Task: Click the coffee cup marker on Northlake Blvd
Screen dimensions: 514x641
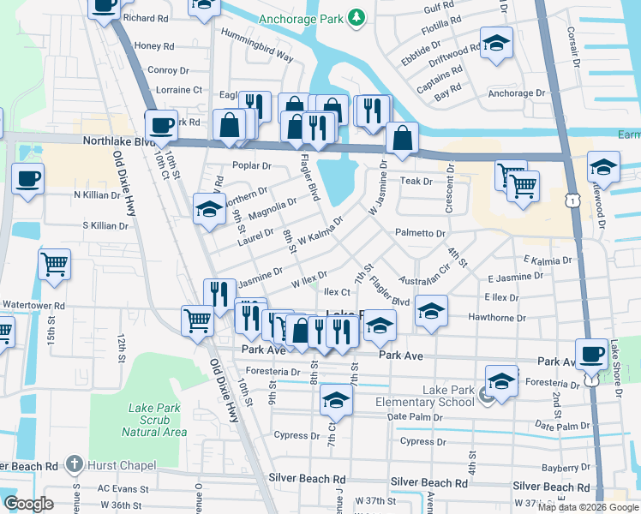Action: click(x=161, y=125)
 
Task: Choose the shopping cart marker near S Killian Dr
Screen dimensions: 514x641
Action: click(x=55, y=264)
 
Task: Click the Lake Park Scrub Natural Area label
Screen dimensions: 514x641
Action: click(x=154, y=420)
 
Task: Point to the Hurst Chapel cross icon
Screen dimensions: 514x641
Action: click(x=75, y=464)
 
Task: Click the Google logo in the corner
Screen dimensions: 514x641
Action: click(x=28, y=503)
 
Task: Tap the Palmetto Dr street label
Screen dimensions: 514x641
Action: click(x=420, y=233)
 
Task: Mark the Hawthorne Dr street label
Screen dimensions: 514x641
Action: click(x=497, y=318)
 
